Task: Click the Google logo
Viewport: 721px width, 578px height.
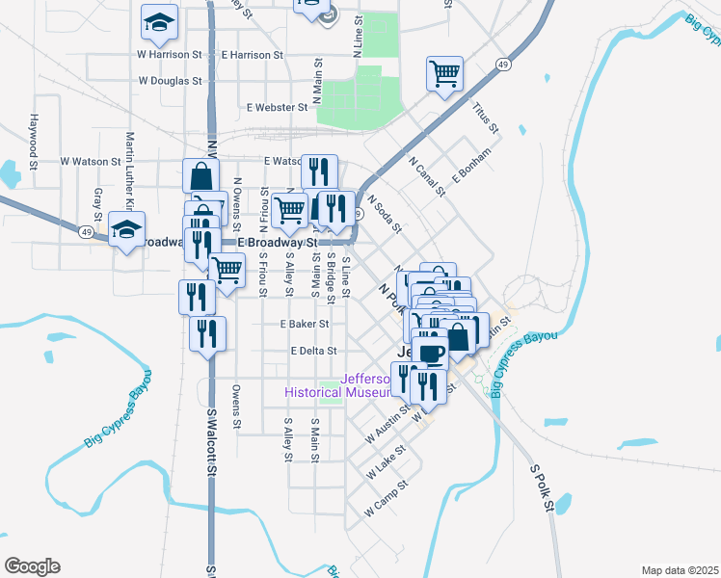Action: pyautogui.click(x=32, y=566)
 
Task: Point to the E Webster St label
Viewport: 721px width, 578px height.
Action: pyautogui.click(x=277, y=107)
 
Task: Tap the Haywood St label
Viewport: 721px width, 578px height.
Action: pyautogui.click(x=34, y=139)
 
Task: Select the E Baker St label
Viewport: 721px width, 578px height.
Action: pyautogui.click(x=305, y=325)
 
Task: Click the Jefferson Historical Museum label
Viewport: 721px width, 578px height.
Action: pyautogui.click(x=337, y=385)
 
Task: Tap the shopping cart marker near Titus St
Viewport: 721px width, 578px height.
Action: pyautogui.click(x=444, y=74)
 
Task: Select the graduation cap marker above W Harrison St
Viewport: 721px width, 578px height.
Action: pyautogui.click(x=159, y=20)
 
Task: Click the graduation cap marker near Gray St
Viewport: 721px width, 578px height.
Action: pyautogui.click(x=124, y=229)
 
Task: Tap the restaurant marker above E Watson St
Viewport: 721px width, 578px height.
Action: pyautogui.click(x=319, y=173)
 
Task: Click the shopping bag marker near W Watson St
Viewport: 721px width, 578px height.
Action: pyautogui.click(x=201, y=177)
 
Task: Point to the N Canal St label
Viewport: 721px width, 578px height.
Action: pyautogui.click(x=427, y=176)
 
